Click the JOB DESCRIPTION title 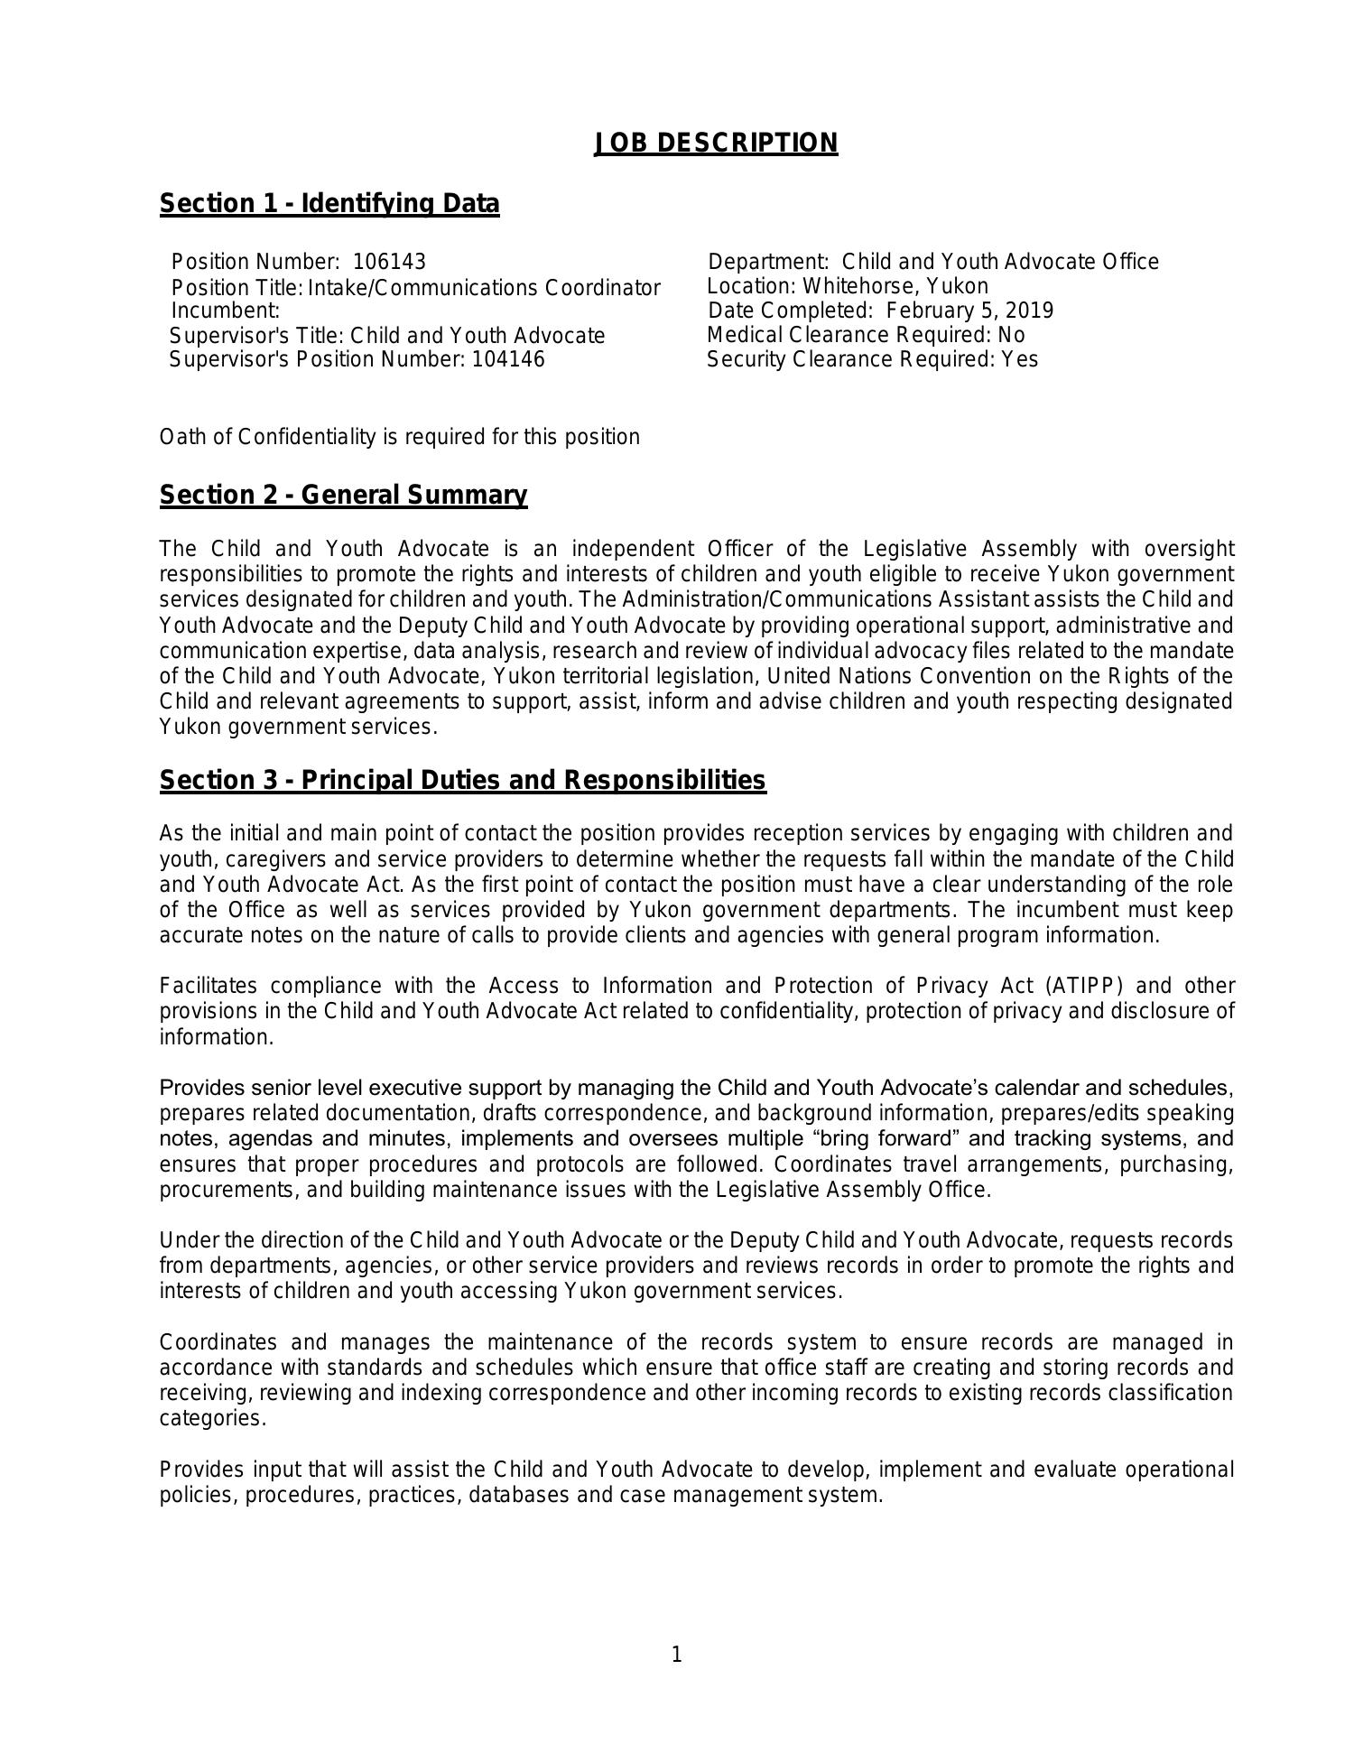coord(716,144)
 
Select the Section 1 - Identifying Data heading coord(329,204)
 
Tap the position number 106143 coord(389,263)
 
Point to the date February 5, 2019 coord(969,311)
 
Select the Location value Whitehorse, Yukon coord(895,287)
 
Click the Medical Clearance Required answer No coord(1011,336)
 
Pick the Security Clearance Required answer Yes coord(1019,360)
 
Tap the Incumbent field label coord(225,311)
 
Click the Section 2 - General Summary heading coord(343,496)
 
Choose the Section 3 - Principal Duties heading coord(462,781)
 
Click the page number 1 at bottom coord(676,1655)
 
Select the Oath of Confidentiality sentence coord(400,438)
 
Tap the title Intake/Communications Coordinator coord(485,289)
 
